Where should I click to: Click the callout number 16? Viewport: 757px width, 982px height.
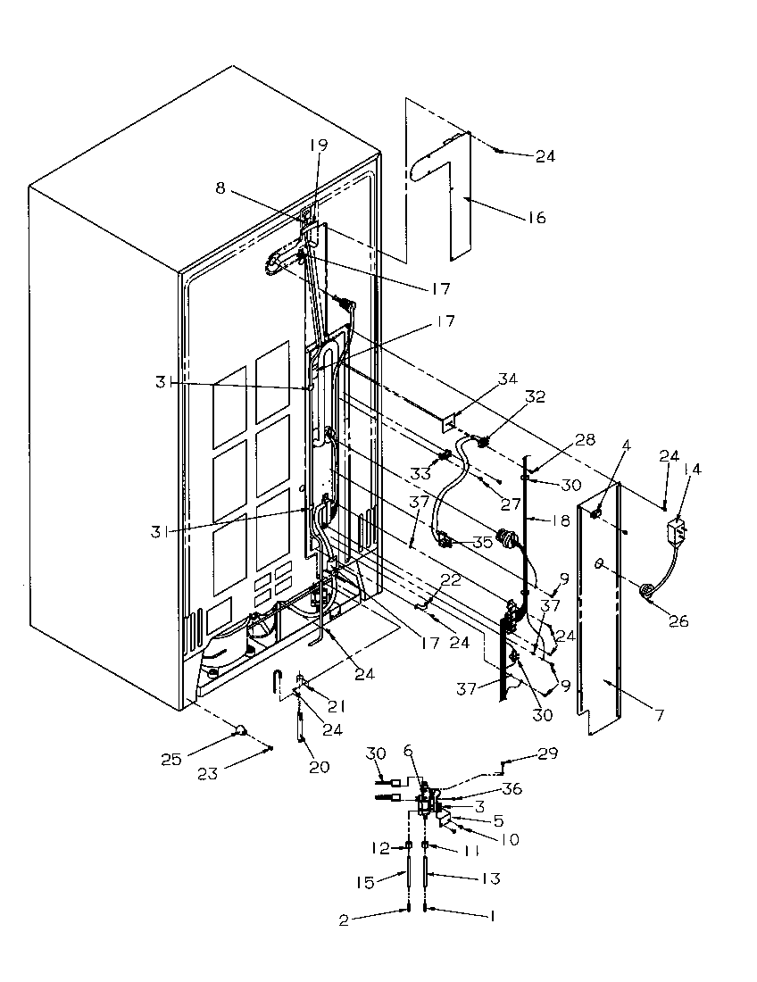pos(537,218)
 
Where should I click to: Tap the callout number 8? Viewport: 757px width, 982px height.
pos(220,188)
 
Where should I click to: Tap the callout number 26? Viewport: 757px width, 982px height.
pos(679,621)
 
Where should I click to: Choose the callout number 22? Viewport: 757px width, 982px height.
pos(452,581)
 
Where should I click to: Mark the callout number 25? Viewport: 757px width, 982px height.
pos(171,760)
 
